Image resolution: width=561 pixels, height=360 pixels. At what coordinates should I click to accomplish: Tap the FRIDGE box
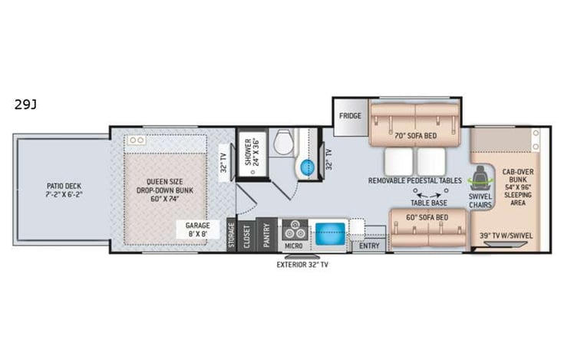tap(350, 116)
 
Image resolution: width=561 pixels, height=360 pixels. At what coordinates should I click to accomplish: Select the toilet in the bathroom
tap(283, 140)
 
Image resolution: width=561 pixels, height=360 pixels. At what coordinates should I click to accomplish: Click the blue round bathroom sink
tap(308, 167)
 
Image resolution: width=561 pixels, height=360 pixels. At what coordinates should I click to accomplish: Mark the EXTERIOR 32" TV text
tap(302, 265)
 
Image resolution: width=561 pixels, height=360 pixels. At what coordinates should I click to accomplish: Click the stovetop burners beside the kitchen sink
tap(295, 229)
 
